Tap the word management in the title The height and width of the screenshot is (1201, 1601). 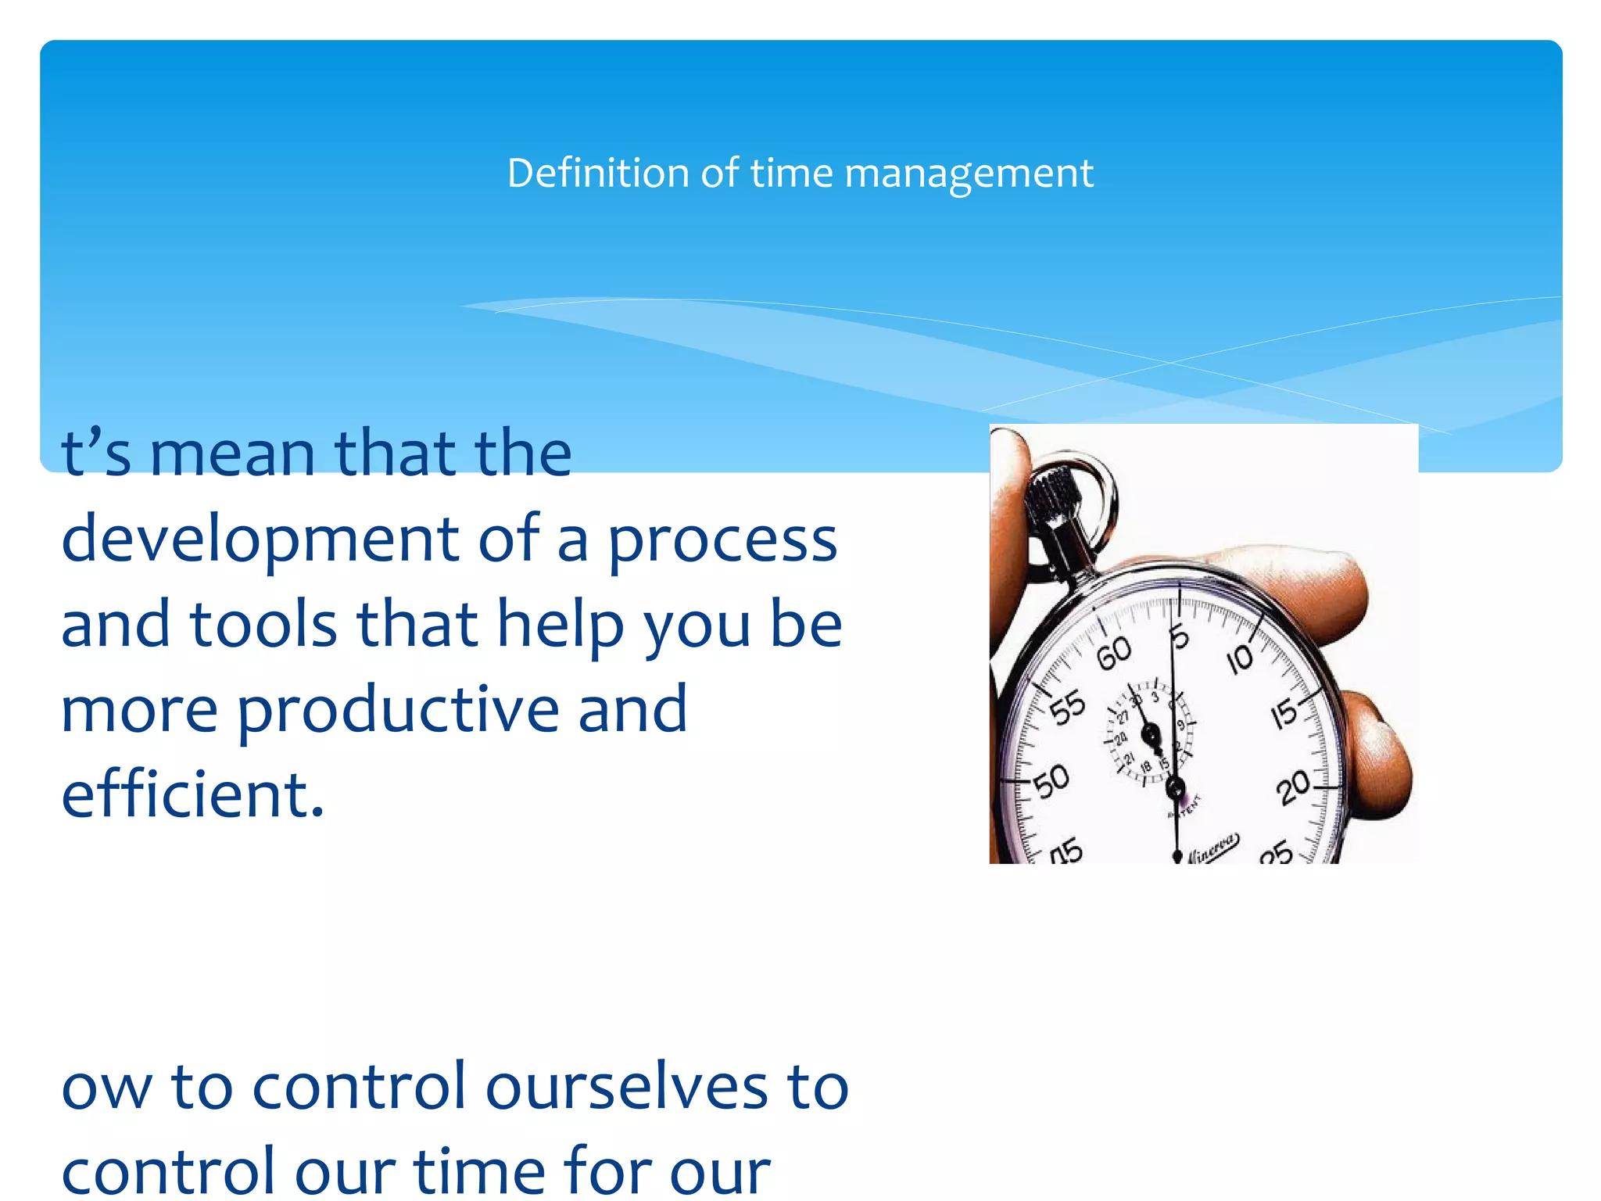coord(969,174)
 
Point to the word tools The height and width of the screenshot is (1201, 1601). coord(263,625)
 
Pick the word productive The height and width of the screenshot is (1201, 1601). coord(397,710)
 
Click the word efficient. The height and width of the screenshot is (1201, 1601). coord(192,794)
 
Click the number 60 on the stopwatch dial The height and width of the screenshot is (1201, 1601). coord(1113,653)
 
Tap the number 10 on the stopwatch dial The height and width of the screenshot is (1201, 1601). coord(1240,660)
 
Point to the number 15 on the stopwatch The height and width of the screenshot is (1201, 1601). coord(1284,713)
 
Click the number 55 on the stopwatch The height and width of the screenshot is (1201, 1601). coord(1067,707)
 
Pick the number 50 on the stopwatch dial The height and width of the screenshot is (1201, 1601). coord(1051,780)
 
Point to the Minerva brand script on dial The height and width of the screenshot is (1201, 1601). coord(1212,848)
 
